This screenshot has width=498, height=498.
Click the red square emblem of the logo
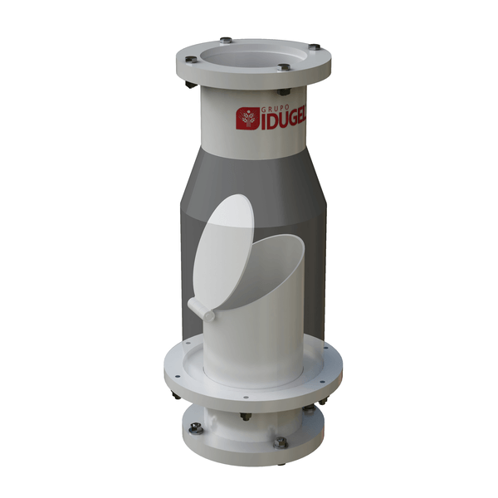pos(248,118)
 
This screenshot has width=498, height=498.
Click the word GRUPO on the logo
pos(275,109)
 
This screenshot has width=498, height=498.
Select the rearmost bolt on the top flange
pos(226,40)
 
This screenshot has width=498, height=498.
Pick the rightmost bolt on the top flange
pos(314,47)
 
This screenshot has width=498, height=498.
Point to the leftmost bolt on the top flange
pos(191,60)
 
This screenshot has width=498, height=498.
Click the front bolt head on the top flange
pos(284,67)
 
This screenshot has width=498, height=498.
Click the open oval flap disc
pos(223,251)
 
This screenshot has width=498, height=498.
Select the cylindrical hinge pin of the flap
pos(201,310)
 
